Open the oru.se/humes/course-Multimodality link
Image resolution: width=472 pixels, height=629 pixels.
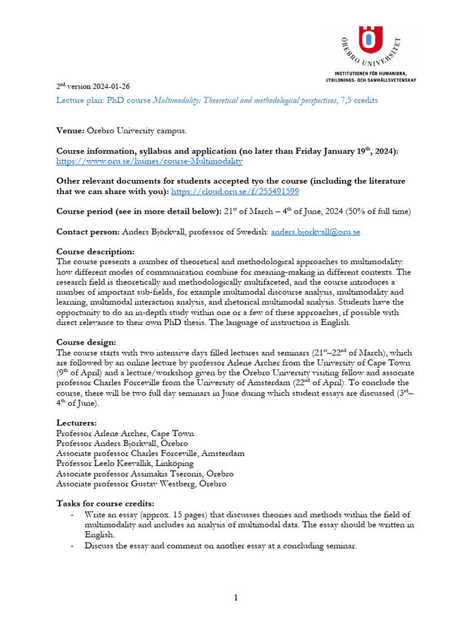click(149, 162)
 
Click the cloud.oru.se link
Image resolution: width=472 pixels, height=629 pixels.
click(235, 192)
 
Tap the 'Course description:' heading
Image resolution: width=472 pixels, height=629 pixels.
click(95, 252)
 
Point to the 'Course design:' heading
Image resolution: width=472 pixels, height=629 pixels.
click(86, 342)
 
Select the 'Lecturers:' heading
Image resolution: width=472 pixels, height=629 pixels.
click(76, 423)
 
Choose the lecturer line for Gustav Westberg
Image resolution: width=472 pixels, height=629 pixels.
click(141, 483)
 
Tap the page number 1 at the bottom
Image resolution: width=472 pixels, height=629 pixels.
click(235, 598)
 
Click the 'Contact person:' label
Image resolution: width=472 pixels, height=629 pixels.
click(88, 232)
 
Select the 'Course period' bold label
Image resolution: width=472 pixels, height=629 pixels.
click(85, 212)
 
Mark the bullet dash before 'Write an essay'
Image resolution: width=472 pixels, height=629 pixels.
click(73, 514)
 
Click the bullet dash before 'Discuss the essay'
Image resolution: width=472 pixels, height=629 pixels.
click(73, 544)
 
